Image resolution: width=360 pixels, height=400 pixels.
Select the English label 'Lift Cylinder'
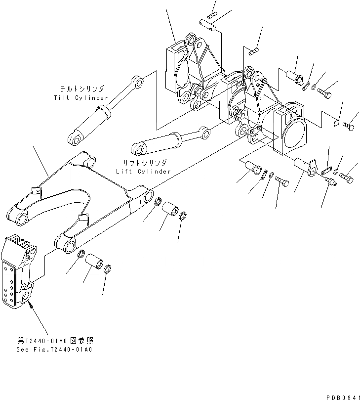[143, 171]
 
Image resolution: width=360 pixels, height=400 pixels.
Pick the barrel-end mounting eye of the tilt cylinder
[74, 138]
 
